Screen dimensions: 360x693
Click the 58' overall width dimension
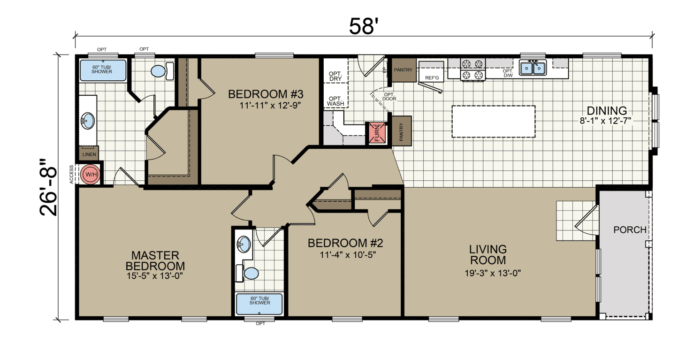click(x=364, y=26)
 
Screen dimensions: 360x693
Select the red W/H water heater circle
click(x=90, y=174)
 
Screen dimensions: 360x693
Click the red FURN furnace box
click(x=377, y=133)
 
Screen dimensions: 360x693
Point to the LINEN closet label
click(x=89, y=154)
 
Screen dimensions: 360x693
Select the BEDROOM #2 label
click(x=345, y=243)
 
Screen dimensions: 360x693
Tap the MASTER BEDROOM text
click(x=155, y=260)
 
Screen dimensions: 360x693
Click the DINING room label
click(x=607, y=111)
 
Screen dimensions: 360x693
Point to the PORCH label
click(x=630, y=230)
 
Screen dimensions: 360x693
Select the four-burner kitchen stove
click(x=472, y=69)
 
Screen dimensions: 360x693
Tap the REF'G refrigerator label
click(x=431, y=77)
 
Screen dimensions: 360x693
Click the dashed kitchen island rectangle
click(x=493, y=121)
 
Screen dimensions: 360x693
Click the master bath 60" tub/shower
click(x=102, y=70)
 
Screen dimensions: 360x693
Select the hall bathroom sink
click(x=243, y=244)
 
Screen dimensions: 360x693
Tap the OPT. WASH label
click(x=335, y=100)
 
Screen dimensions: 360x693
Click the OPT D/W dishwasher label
click(x=507, y=73)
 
